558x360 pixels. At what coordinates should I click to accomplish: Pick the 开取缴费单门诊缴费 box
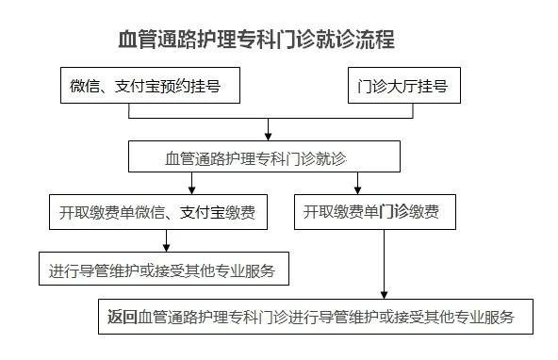tap(375, 212)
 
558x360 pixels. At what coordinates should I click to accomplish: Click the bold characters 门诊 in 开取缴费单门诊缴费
tap(393, 212)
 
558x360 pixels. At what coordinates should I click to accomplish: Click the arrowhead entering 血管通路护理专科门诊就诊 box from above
tap(270, 136)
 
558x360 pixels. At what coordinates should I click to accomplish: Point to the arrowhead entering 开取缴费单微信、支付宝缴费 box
tap(191, 189)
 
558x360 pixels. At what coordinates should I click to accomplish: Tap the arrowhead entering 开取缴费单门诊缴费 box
tap(357, 189)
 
